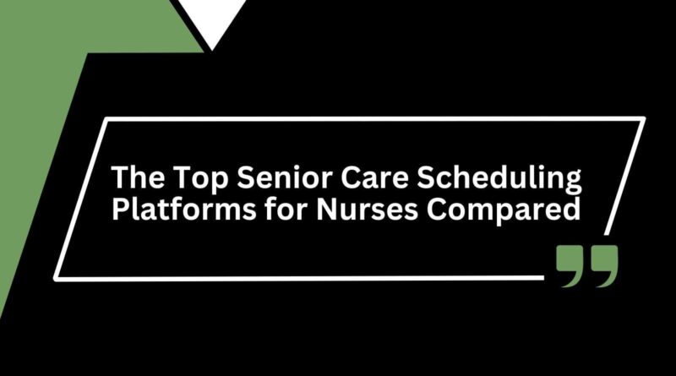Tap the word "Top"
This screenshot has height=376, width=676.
190,178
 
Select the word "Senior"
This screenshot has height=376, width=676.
262,178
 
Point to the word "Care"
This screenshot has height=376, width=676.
343,178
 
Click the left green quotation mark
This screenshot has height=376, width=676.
570,264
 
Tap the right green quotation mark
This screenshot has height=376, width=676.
603,264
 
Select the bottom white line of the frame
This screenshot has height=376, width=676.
296,276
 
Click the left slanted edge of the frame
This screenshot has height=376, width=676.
81,199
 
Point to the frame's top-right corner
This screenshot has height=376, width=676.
643,119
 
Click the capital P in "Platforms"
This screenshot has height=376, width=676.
121,209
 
